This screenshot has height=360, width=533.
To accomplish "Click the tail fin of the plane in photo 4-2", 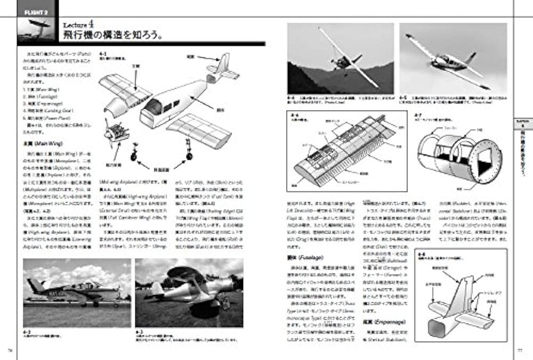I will click(33, 285).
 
